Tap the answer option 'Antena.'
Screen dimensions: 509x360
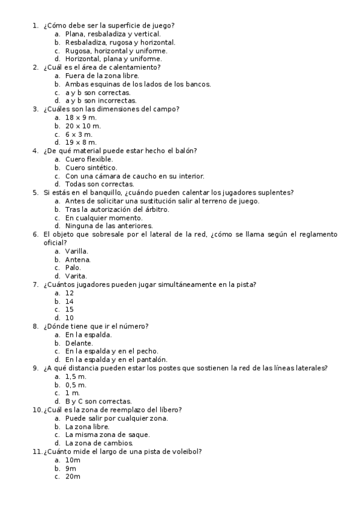(x=78, y=259)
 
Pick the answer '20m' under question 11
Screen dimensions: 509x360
(x=73, y=476)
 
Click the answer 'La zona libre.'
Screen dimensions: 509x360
(x=88, y=426)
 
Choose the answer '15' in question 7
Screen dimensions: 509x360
(x=70, y=309)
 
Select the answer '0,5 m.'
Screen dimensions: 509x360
(x=76, y=384)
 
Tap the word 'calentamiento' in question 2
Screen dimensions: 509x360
(x=137, y=67)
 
